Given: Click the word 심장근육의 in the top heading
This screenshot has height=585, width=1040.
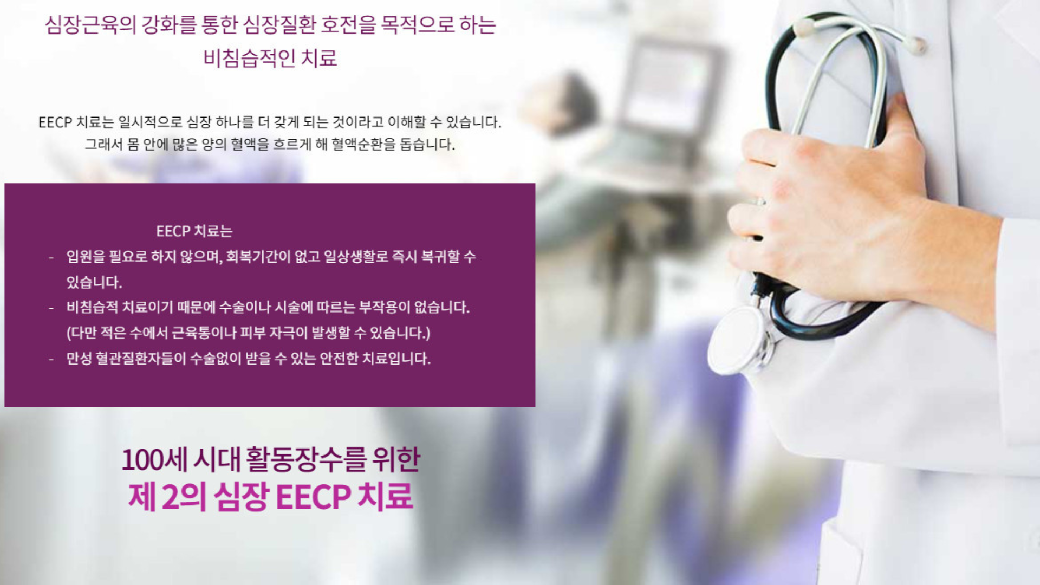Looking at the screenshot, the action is [90, 25].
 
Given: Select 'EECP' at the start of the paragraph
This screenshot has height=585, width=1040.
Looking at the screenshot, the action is [55, 122].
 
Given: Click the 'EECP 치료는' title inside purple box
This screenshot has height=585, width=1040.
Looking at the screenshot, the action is [194, 231].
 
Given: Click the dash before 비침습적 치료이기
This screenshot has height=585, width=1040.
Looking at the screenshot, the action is [51, 308].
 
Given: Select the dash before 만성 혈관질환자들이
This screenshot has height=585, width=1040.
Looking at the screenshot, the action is [51, 359].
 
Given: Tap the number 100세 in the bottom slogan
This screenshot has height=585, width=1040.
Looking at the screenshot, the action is [154, 460].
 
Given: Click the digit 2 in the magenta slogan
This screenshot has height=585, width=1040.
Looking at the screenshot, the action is [169, 497].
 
